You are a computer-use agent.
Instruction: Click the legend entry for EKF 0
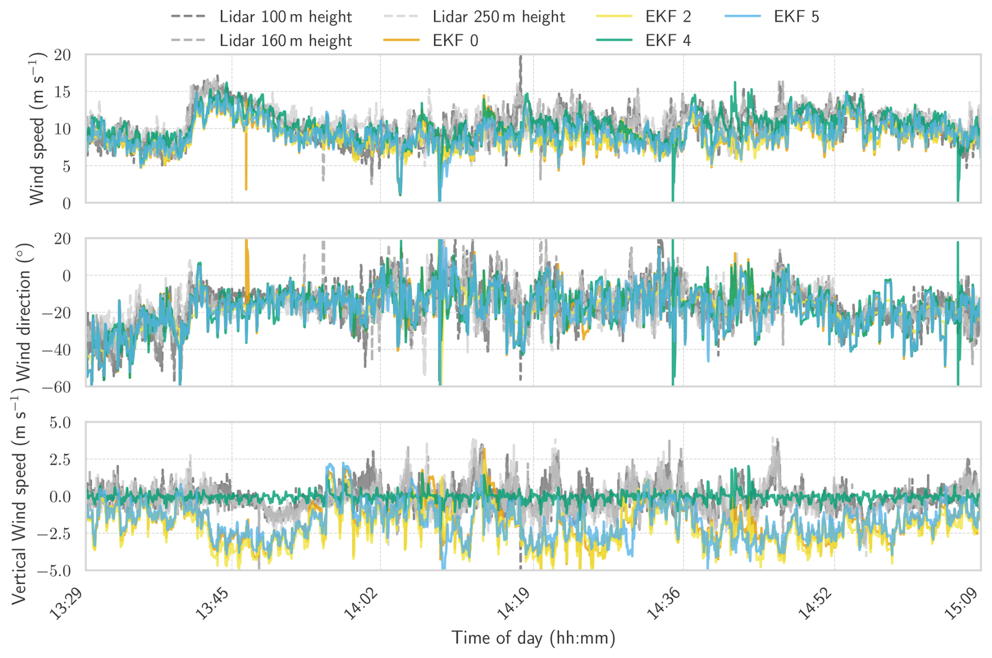455,40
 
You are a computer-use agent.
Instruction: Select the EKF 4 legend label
668,40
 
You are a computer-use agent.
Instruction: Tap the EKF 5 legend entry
796,17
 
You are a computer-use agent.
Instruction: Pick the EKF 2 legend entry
668,17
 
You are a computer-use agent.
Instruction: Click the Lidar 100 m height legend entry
285,17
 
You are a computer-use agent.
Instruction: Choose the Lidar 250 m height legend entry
498,17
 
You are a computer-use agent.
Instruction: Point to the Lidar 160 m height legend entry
285,40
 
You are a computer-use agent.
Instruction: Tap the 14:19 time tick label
513,603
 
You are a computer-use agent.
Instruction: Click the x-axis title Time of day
533,638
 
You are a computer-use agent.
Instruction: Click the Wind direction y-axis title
24,312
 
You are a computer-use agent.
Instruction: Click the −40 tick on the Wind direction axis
55,350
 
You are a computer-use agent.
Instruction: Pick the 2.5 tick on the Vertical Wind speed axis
60,460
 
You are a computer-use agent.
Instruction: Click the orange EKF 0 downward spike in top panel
246,173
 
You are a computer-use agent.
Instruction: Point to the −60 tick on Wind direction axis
55,387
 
